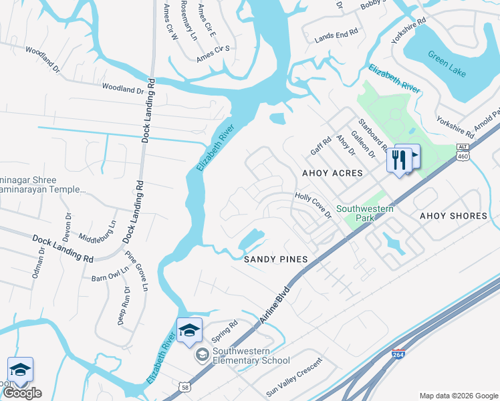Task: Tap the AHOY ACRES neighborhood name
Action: [x=332, y=173]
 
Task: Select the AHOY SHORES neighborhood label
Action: [x=451, y=216]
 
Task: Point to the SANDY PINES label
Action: [x=275, y=259]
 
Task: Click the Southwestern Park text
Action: [x=364, y=213]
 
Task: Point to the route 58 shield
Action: [x=184, y=386]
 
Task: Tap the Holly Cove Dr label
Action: [x=314, y=205]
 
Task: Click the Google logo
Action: [x=22, y=393]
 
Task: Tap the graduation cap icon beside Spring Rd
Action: [x=189, y=330]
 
